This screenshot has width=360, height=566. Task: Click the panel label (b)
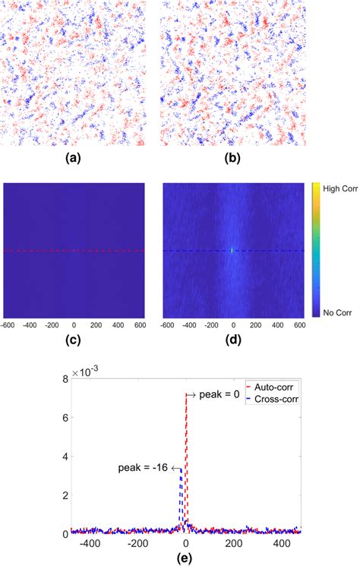tap(232, 159)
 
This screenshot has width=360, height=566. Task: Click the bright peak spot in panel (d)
tap(232, 250)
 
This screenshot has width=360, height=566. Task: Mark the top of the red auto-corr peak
tap(185, 394)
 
